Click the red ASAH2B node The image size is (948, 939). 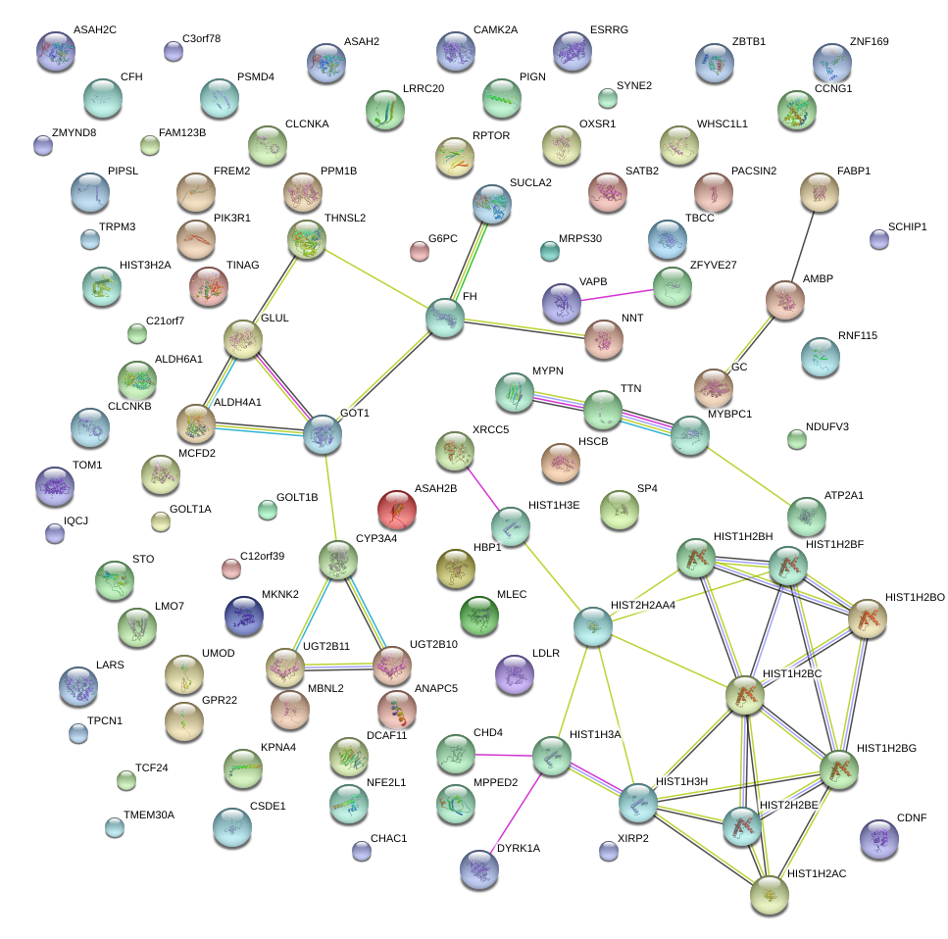pyautogui.click(x=397, y=510)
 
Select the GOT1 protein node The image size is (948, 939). pyautogui.click(x=323, y=434)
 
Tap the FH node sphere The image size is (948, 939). pyautogui.click(x=444, y=318)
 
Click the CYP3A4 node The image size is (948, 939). pyautogui.click(x=338, y=561)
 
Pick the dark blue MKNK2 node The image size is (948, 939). pyautogui.click(x=243, y=616)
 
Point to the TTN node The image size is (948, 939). pyautogui.click(x=603, y=411)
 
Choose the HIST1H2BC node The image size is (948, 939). pyautogui.click(x=744, y=696)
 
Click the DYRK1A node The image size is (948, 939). pyautogui.click(x=479, y=868)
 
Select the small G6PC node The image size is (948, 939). pyautogui.click(x=420, y=251)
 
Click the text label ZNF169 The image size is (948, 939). pyautogui.click(x=870, y=42)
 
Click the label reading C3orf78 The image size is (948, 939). pyautogui.click(x=201, y=39)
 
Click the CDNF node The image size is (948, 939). pyautogui.click(x=877, y=838)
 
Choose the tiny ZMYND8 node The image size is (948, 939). pyautogui.click(x=42, y=145)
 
